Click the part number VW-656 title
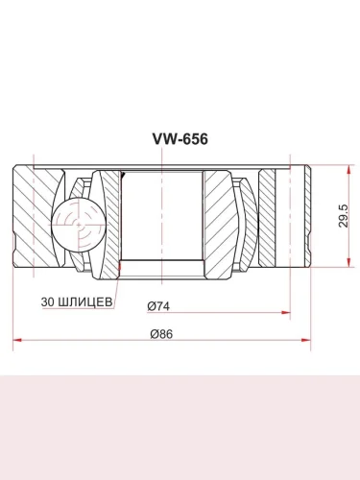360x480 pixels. [x=180, y=139]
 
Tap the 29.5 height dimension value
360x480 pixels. [x=343, y=216]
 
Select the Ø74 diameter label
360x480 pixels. [x=158, y=306]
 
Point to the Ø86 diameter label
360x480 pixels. [x=161, y=334]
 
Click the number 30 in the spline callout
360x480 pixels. [x=48, y=301]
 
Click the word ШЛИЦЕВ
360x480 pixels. [x=85, y=301]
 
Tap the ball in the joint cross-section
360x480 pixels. [x=79, y=225]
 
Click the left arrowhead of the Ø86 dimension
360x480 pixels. [x=17, y=340]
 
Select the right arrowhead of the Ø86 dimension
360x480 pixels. [x=305, y=340]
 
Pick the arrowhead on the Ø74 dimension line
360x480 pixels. [x=285, y=312]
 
